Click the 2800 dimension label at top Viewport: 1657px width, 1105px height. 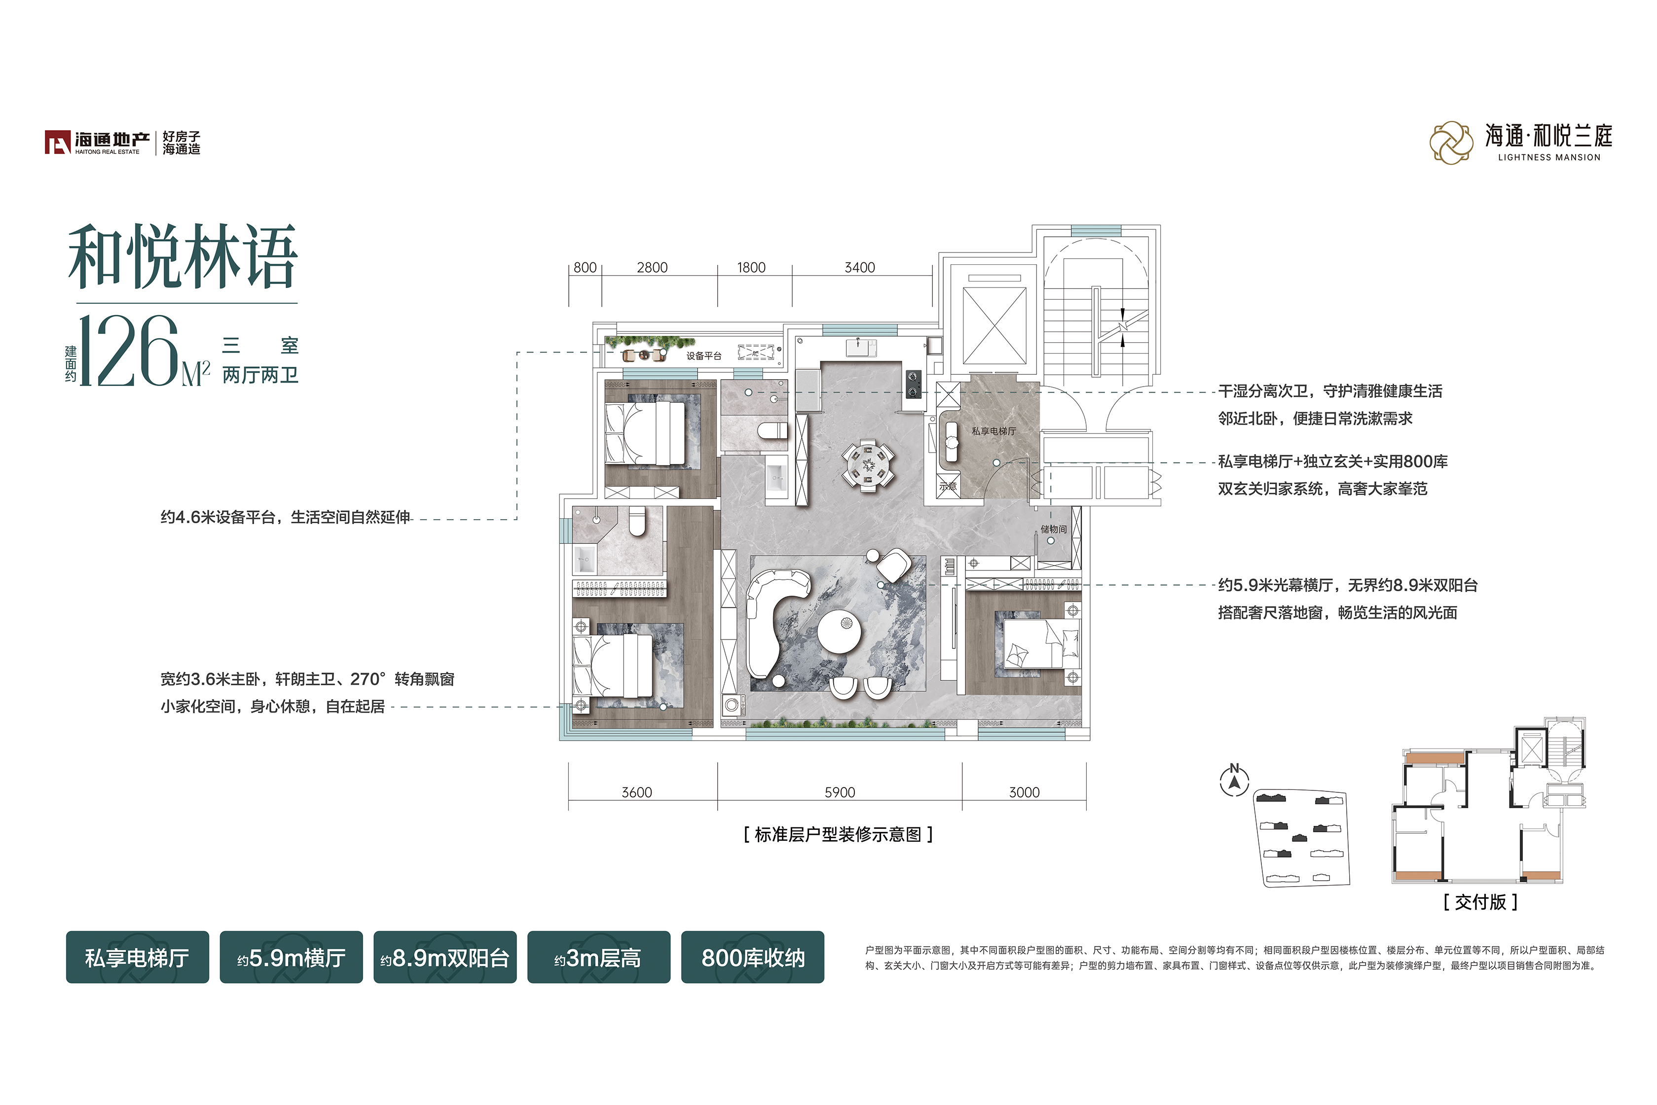652,268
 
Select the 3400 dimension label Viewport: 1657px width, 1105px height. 860,268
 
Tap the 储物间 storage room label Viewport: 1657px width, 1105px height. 1054,529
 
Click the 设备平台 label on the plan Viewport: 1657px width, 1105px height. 704,356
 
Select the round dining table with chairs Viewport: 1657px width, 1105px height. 868,466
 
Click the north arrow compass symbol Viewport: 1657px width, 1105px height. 1234,781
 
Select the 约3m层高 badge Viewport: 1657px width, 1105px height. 598,957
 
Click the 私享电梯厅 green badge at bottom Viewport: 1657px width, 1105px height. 138,957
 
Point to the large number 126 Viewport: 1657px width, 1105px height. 129,351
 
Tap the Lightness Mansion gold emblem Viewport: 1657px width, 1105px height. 1451,143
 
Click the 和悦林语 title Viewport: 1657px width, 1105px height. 183,256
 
